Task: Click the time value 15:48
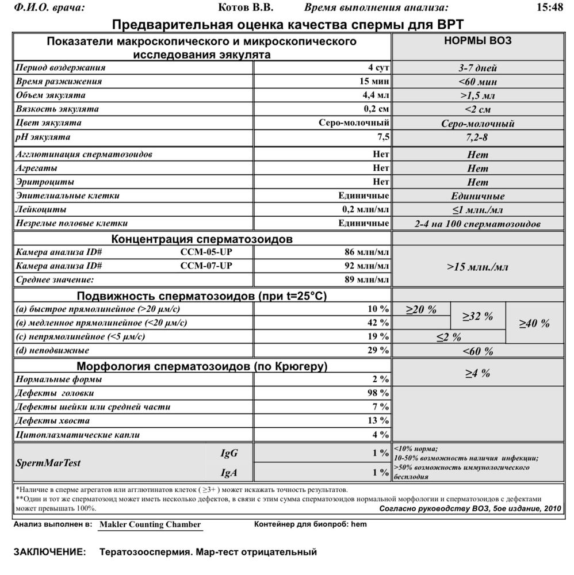point(549,7)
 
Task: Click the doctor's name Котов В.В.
point(247,7)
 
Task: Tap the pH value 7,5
point(382,137)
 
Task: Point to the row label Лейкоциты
point(41,209)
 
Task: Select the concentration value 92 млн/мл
point(366,266)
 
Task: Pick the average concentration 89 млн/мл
point(366,279)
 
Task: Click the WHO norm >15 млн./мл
point(477,267)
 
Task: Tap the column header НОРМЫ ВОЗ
point(478,41)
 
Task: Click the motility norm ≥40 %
point(534,323)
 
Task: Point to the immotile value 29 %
point(378,350)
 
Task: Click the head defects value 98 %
point(378,393)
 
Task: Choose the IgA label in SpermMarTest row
point(228,473)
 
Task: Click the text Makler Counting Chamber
point(150,524)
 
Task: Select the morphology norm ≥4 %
point(477,374)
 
